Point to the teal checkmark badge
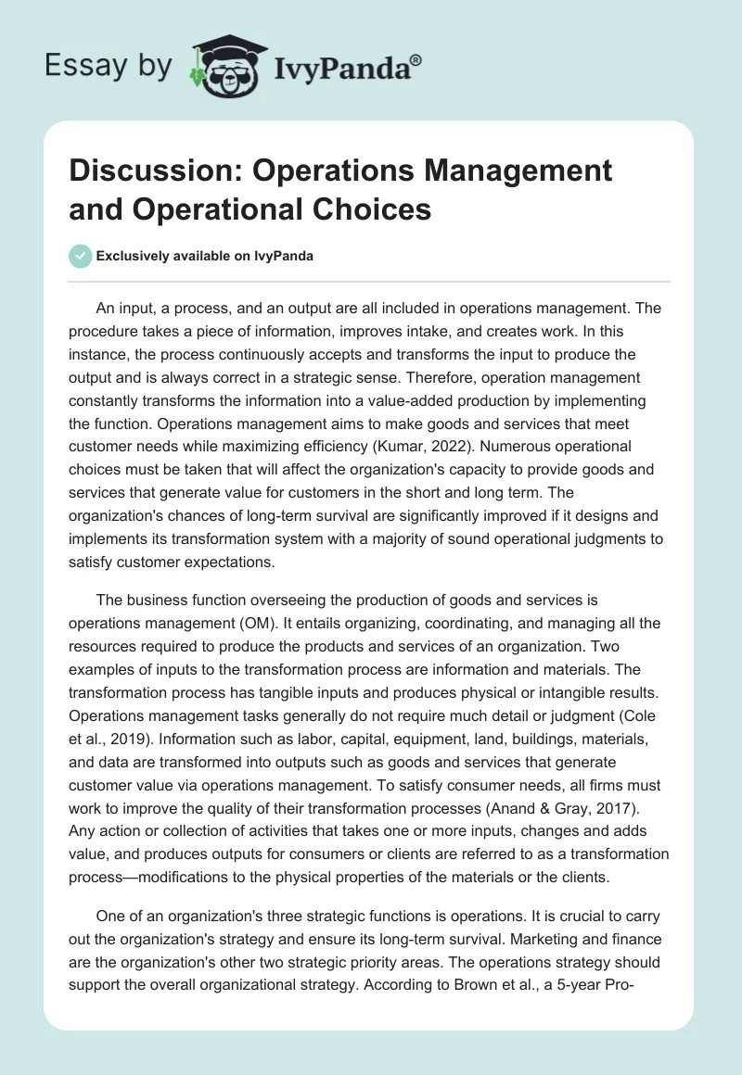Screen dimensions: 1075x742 80,256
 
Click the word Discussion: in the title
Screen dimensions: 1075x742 160,172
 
